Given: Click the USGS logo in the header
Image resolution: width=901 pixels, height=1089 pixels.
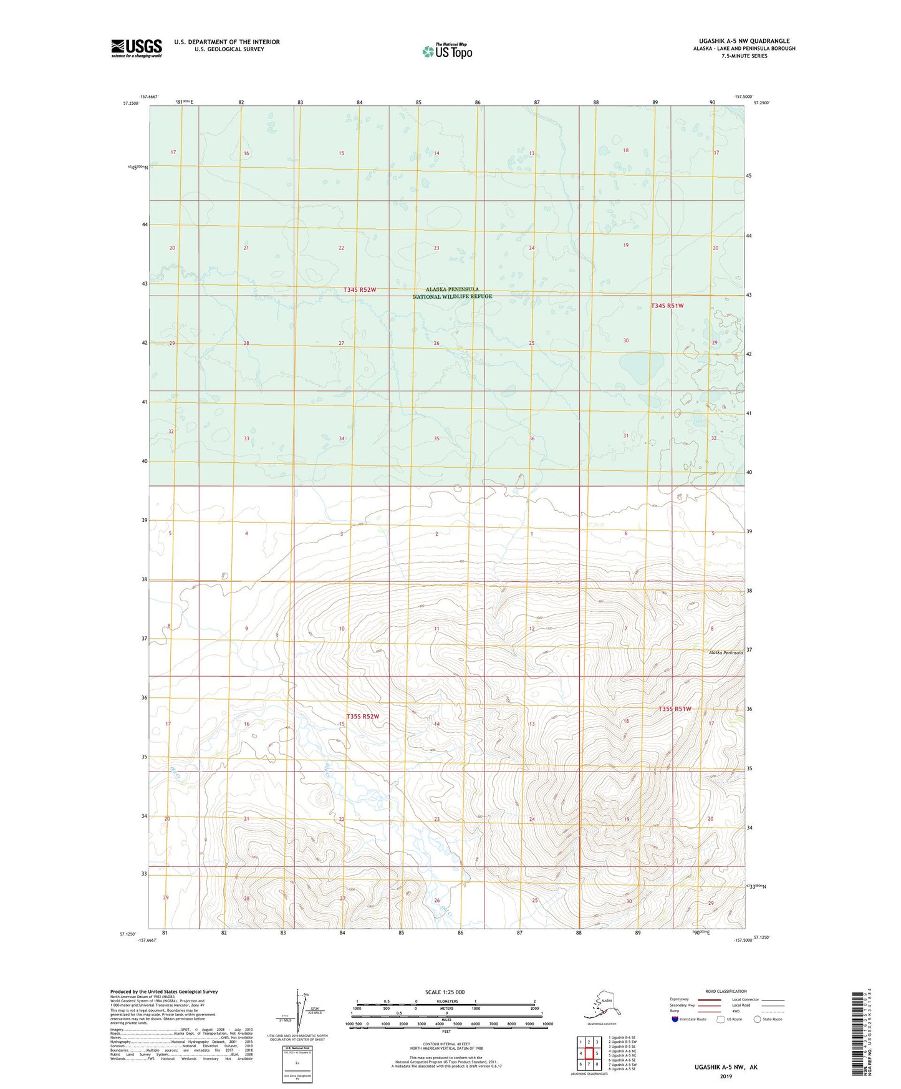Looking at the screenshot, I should pyautogui.click(x=137, y=48).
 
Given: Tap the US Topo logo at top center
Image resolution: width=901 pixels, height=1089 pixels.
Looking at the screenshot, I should pyautogui.click(x=446, y=51).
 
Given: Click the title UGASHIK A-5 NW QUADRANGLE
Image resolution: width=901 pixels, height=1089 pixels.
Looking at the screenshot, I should pyautogui.click(x=740, y=41).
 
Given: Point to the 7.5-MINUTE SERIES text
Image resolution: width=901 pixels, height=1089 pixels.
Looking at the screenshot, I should pyautogui.click(x=744, y=56).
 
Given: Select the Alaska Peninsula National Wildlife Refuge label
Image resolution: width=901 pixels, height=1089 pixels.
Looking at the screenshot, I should pyautogui.click(x=452, y=293).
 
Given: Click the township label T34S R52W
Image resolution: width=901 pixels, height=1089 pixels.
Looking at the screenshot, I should pyautogui.click(x=360, y=289).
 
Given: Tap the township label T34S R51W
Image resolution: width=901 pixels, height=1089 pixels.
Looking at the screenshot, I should pyautogui.click(x=667, y=306).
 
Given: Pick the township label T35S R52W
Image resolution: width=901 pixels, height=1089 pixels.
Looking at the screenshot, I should pyautogui.click(x=362, y=716).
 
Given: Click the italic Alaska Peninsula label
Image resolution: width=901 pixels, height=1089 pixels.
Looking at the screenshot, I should pyautogui.click(x=725, y=652).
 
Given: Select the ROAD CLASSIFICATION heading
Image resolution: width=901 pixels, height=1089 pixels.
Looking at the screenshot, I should pyautogui.click(x=726, y=991).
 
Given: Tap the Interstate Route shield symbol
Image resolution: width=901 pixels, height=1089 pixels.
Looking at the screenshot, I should pyautogui.click(x=675, y=1019).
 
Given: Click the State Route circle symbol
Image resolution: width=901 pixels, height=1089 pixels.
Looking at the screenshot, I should pyautogui.click(x=758, y=1019).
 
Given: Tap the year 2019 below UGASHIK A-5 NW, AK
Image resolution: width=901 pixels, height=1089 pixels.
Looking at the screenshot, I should pyautogui.click(x=726, y=1076).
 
